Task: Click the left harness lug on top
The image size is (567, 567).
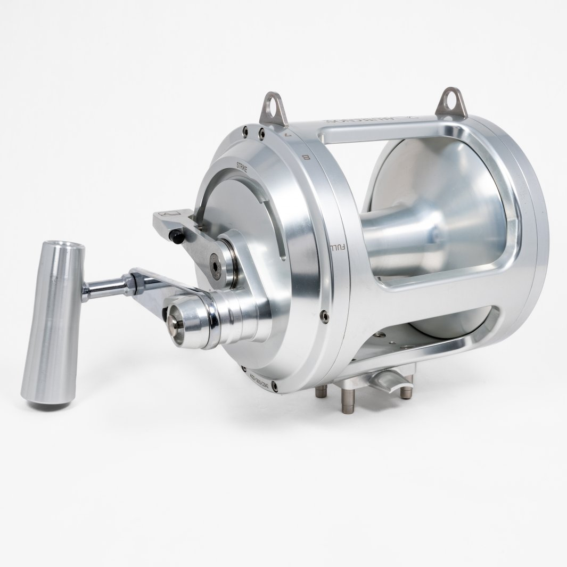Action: point(273,108)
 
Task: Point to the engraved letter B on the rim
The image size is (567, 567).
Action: point(306,157)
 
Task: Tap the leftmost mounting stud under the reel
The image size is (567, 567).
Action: point(321,391)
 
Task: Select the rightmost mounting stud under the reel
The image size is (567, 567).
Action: point(406,392)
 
